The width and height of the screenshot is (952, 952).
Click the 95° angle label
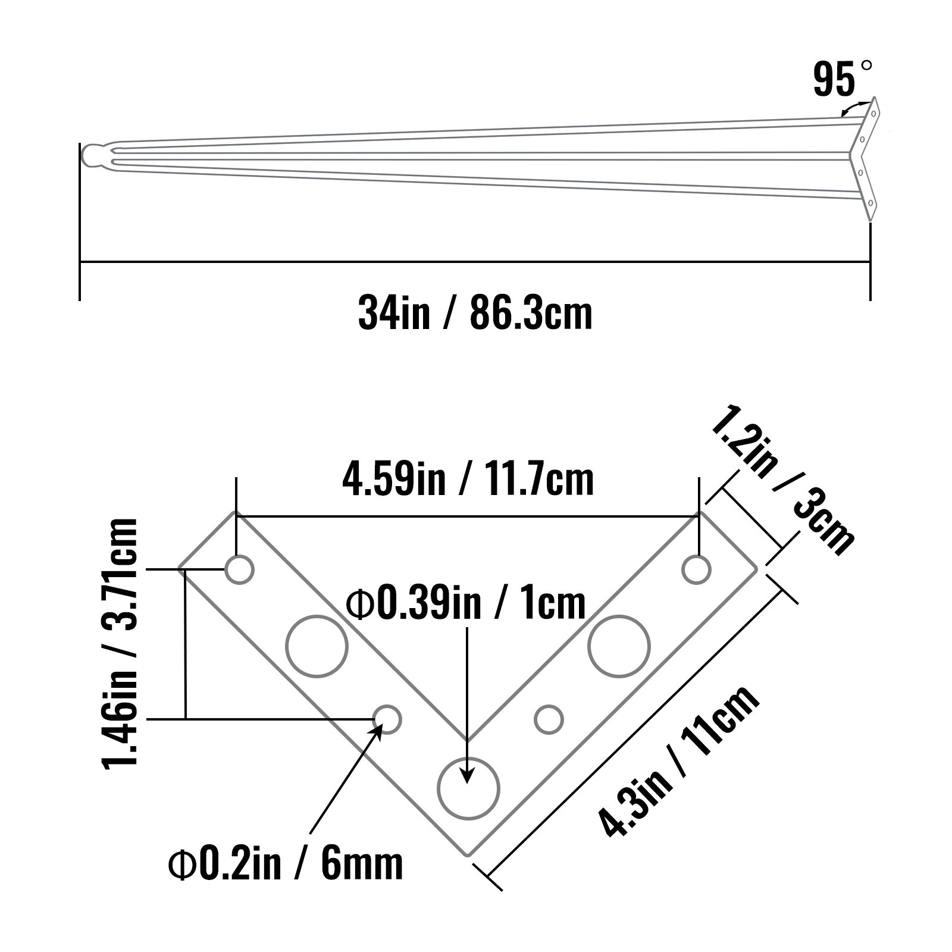tap(841, 79)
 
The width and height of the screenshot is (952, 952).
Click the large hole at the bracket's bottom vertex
tap(468, 789)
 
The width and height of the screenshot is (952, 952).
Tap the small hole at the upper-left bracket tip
tap(239, 570)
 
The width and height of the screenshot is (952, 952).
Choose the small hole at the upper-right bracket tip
tap(696, 570)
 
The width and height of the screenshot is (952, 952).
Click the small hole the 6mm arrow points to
tap(387, 719)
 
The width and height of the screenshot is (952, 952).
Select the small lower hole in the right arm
tap(549, 719)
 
